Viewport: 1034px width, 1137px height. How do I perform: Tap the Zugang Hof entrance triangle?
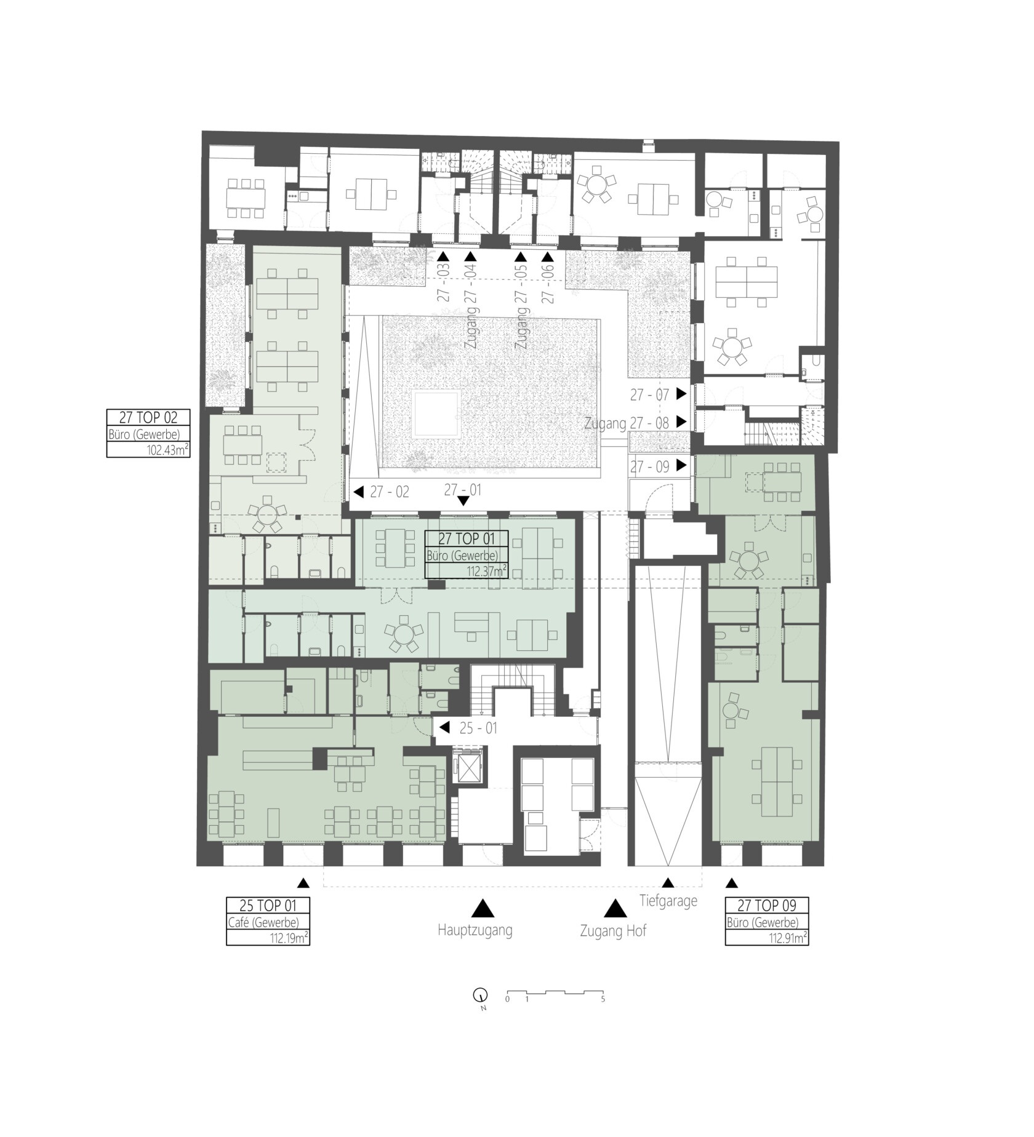coord(614,909)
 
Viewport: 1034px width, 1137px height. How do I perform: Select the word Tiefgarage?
coord(668,901)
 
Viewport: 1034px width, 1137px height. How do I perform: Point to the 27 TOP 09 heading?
coord(766,905)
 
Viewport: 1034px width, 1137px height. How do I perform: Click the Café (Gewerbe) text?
coord(263,922)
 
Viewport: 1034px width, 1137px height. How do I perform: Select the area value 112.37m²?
coord(486,571)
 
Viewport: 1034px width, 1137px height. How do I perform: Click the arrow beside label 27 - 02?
coord(359,492)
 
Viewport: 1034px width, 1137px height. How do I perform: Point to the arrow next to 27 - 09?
coord(681,466)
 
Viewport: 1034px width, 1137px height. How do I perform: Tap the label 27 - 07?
coord(649,395)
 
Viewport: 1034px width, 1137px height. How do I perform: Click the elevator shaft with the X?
coord(468,766)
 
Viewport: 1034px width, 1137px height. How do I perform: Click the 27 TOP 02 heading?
coord(148,417)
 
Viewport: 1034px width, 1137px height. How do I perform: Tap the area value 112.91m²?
coord(784,938)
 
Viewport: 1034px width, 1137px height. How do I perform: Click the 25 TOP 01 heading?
coord(268,905)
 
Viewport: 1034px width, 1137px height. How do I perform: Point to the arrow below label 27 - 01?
coord(463,501)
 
